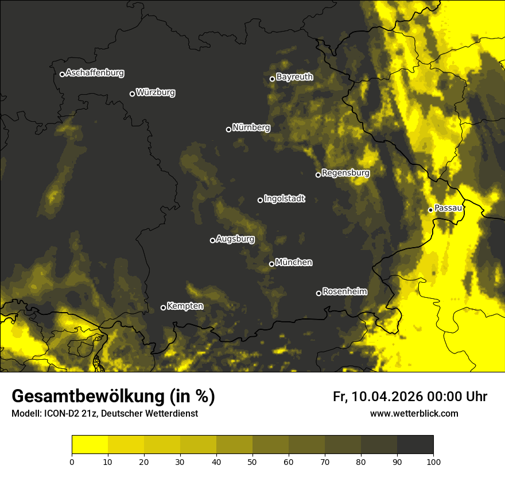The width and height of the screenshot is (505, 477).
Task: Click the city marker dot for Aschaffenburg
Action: point(62,74)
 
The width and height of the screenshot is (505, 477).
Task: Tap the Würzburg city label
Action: point(156,93)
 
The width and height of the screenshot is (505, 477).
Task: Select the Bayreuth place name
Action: point(294,77)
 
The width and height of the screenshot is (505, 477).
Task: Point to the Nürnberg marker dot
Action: point(228,129)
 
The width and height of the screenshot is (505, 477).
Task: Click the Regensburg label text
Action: point(345,173)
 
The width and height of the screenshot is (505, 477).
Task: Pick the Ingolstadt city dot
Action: point(260,200)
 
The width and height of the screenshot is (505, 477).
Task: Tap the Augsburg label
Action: point(235,239)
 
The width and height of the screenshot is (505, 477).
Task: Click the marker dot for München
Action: point(272,264)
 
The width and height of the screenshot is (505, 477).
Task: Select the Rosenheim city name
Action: point(344,292)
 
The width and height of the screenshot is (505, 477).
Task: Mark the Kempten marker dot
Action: point(163,307)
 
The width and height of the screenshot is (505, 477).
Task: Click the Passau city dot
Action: point(430,210)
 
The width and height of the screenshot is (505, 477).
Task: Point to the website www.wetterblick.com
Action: point(414,413)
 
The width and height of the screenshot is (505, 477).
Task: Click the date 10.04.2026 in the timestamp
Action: point(387,397)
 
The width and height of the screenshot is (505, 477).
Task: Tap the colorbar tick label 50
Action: point(252,461)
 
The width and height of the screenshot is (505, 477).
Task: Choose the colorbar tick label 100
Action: point(433,461)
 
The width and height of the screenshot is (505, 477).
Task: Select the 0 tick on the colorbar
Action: point(72,461)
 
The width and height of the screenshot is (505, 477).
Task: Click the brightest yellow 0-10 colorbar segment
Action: point(90,445)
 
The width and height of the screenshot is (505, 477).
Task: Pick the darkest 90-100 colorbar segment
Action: point(415,445)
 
